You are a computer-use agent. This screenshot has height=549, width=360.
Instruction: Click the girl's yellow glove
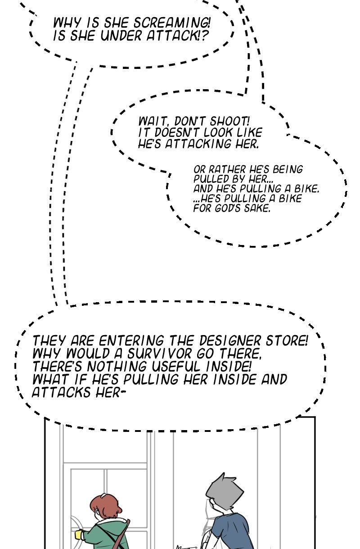80,535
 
